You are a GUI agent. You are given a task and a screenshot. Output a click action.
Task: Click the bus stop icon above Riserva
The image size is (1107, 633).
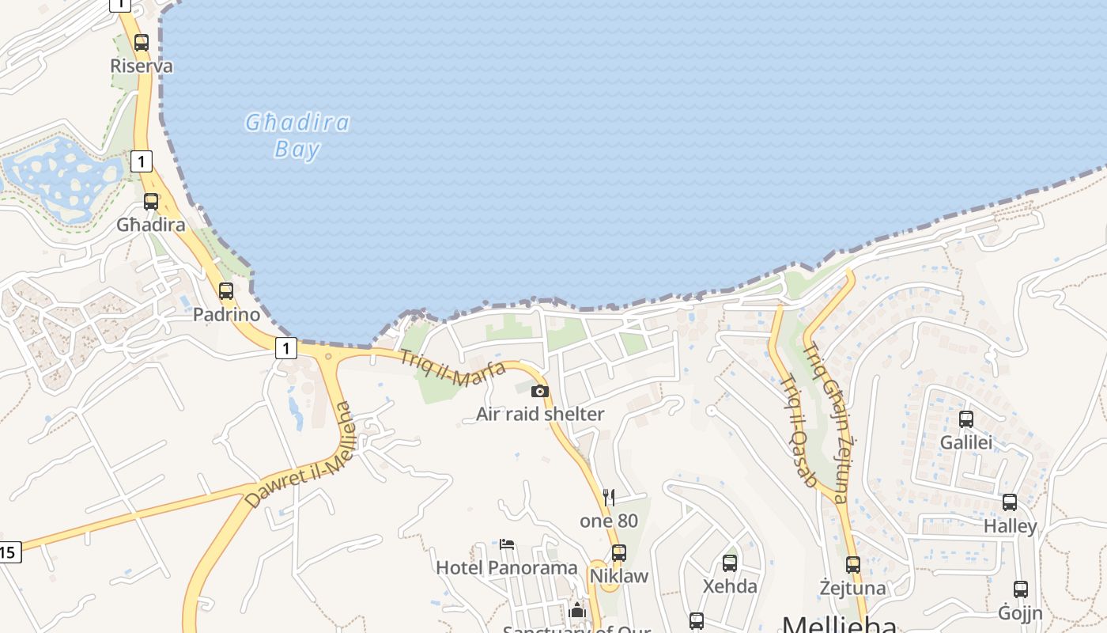(142, 43)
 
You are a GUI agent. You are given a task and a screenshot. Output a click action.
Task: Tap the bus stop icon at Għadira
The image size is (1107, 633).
(151, 202)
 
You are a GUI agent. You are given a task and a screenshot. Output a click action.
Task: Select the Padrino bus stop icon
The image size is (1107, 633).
(226, 291)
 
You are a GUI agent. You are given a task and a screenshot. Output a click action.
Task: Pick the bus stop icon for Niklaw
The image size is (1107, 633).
(619, 553)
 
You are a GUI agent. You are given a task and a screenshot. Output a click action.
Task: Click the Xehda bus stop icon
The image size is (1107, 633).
(730, 563)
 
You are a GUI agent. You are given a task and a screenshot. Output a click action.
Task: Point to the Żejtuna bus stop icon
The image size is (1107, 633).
(852, 565)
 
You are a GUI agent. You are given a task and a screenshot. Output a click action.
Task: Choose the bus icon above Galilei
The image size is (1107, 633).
(966, 419)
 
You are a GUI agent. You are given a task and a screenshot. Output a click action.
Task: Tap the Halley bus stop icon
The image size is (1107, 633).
(1010, 502)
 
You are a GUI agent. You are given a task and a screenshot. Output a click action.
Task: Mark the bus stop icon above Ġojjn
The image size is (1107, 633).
(1021, 589)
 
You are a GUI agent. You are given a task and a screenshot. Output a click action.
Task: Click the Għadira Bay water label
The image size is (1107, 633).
(297, 135)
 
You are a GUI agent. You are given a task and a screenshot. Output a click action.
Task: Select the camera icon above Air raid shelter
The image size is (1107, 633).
(540, 391)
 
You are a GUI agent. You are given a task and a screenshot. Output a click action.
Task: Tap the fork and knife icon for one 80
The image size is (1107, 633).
(609, 498)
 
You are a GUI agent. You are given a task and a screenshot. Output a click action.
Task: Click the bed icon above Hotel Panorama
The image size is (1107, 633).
(507, 544)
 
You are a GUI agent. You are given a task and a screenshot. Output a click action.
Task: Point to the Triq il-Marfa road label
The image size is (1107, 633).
(453, 368)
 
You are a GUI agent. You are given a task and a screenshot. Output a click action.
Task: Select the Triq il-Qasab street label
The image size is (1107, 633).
(798, 430)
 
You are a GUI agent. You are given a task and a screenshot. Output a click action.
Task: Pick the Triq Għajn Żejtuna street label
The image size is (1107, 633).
(826, 423)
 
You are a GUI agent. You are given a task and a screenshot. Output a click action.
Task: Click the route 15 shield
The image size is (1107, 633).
(9, 552)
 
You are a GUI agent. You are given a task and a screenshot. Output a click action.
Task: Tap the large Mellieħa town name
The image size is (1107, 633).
(840, 624)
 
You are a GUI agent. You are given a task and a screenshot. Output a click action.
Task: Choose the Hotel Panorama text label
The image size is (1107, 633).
(507, 567)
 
